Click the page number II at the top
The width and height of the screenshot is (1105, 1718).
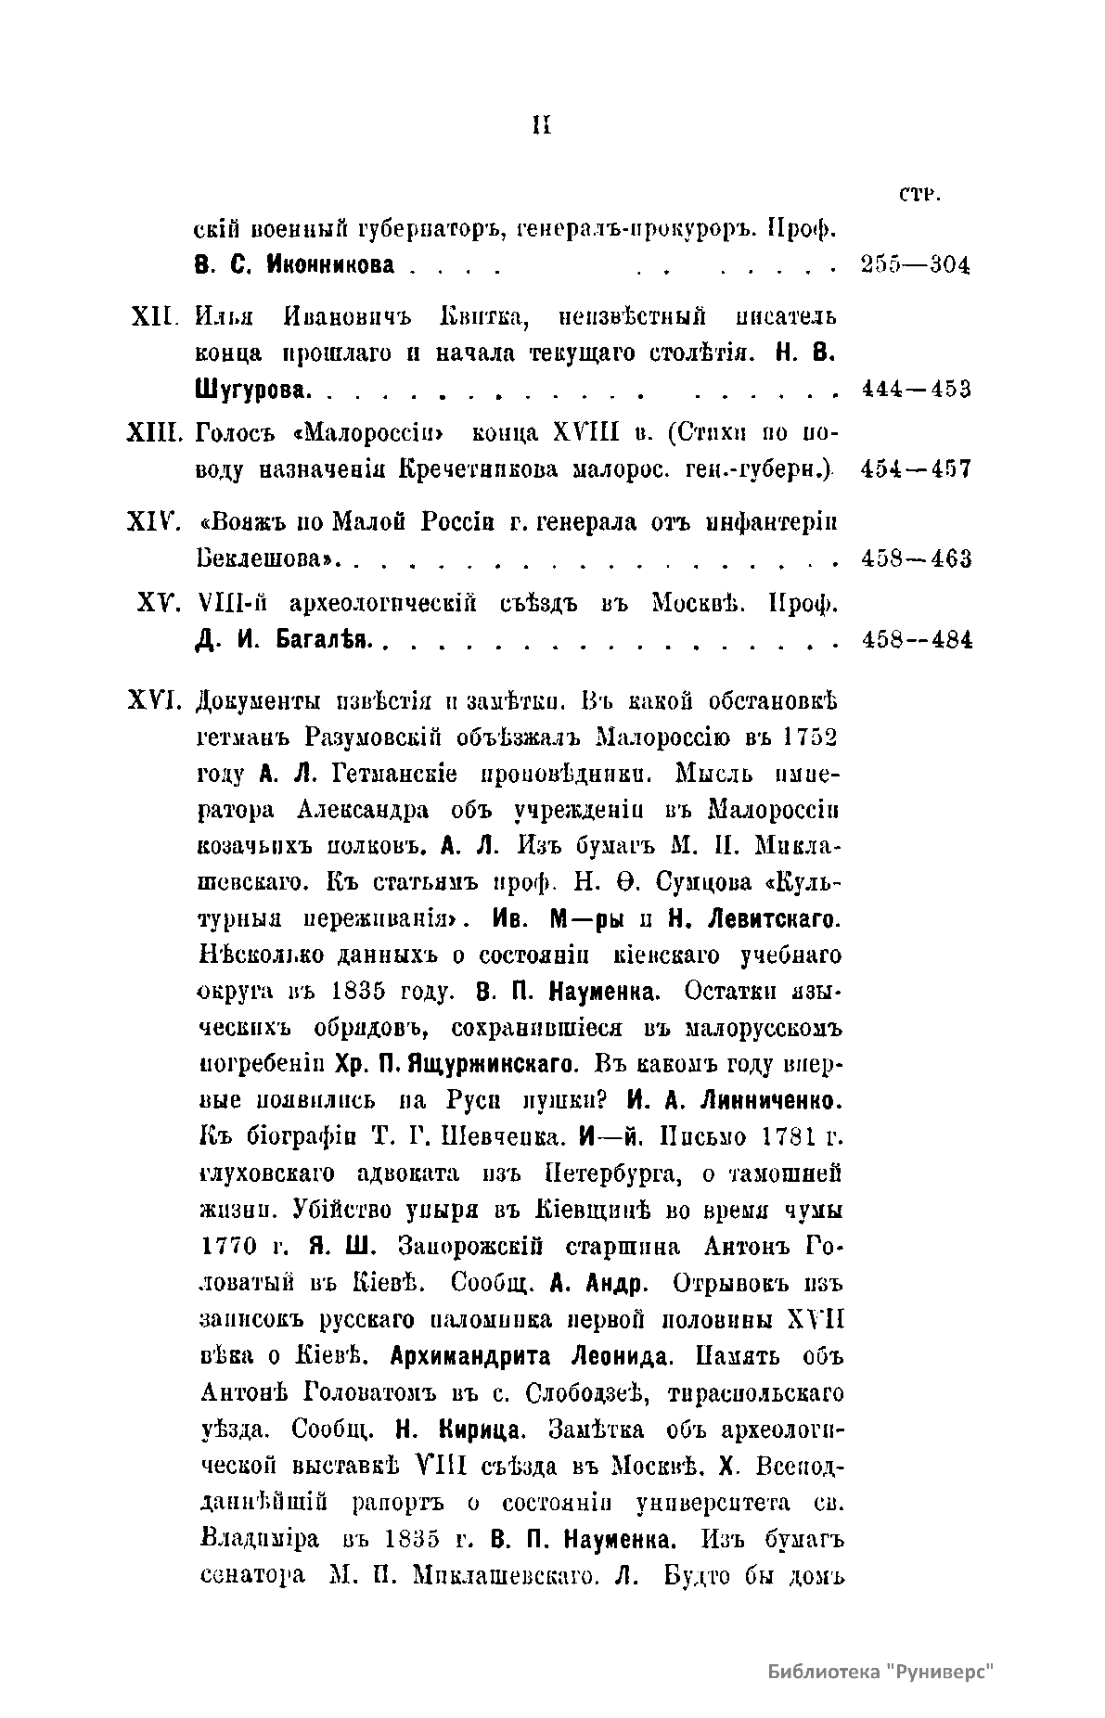tap(542, 125)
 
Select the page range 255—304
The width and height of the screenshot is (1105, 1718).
tap(915, 265)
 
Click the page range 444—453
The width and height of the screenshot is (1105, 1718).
tap(915, 389)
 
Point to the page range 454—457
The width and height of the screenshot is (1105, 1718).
tap(915, 468)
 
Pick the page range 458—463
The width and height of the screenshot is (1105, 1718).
tap(915, 558)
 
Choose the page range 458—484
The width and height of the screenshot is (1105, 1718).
tap(915, 640)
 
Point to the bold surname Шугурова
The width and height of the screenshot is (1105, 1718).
tap(251, 390)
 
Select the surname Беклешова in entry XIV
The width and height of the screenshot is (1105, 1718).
tap(265, 559)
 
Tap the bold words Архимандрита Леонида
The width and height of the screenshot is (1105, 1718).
tap(529, 1356)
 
